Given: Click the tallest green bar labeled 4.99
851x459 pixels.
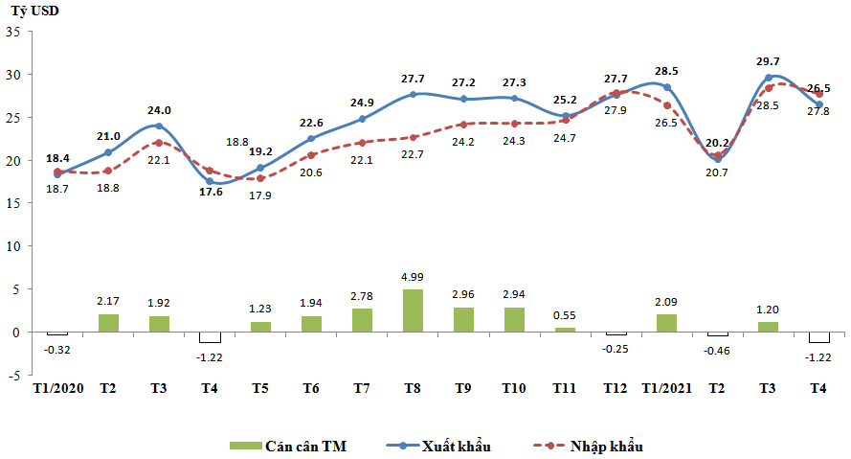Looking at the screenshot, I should point(414,310).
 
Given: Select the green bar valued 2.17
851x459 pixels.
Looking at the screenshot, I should point(108,323).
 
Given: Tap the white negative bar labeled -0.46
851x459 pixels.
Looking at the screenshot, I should point(718,335).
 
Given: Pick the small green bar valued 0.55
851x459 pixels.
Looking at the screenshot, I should point(566,330).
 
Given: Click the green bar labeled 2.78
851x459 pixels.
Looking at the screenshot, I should point(363,320).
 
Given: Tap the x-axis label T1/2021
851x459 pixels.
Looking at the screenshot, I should point(666,389).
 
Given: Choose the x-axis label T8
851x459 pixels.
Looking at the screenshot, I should point(414,389).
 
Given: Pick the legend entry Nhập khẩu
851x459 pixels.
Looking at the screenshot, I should point(586,447).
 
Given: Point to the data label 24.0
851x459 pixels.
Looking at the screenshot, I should point(159,109).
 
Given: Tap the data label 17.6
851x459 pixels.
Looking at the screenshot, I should point(210,191).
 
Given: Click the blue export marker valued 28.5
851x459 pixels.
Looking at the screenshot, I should point(667,87).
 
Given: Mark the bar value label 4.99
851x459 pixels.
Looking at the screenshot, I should point(414,278).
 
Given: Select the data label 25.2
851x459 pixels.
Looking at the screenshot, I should point(566,100).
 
